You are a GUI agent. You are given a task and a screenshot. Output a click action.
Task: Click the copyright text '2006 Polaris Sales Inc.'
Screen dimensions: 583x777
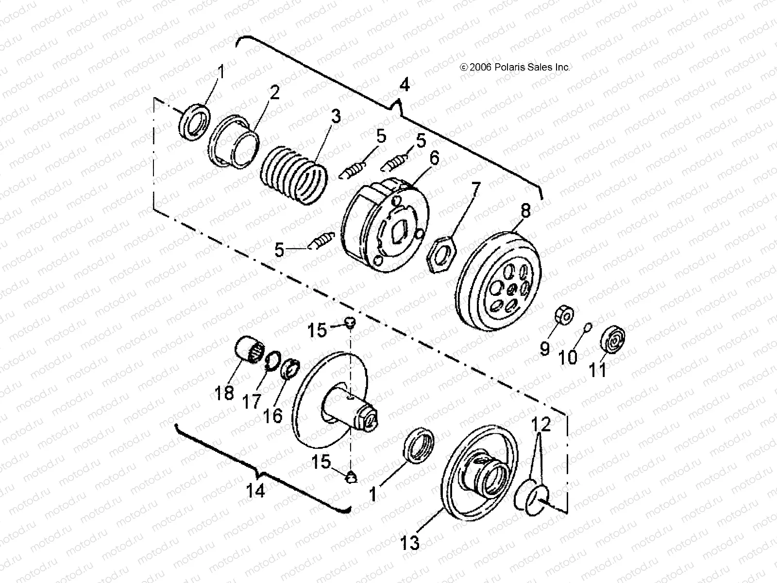click(x=515, y=68)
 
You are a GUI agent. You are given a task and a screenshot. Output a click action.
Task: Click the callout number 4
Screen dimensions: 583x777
click(x=404, y=86)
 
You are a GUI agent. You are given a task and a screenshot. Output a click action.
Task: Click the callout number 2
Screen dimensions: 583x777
click(x=274, y=92)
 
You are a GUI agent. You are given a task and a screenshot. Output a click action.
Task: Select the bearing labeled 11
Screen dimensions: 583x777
click(x=612, y=341)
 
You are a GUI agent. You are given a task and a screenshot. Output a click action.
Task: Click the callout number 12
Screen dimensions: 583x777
click(x=542, y=425)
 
